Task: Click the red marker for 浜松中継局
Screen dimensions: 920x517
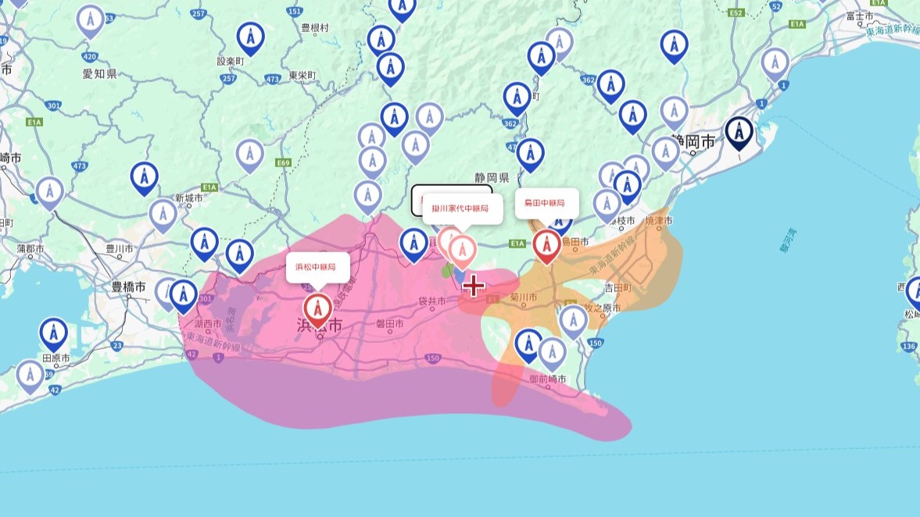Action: [x=317, y=310]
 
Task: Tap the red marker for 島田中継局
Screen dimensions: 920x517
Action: [x=546, y=246]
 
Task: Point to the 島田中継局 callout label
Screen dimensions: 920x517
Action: [x=546, y=203]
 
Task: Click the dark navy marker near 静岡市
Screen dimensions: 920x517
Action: [x=739, y=134]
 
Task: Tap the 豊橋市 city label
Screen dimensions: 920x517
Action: [x=129, y=287]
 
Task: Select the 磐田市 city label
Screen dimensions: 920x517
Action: [x=388, y=323]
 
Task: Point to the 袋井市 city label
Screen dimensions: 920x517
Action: [x=431, y=301]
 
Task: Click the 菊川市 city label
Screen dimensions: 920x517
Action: [x=523, y=298]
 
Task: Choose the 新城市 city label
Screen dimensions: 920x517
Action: [x=188, y=198]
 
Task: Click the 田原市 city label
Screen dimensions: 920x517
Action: [x=56, y=358]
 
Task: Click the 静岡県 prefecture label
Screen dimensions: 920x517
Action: [x=492, y=177]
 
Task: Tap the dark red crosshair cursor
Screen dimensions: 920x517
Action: [x=473, y=286]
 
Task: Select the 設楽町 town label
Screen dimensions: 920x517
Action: [x=231, y=61]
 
